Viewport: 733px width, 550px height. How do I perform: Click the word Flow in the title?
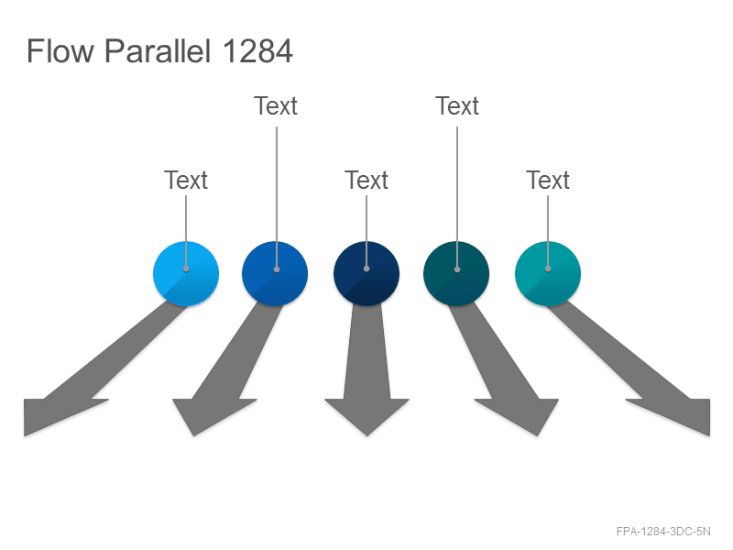[60, 50]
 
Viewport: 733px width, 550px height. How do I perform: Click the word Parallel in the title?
[158, 50]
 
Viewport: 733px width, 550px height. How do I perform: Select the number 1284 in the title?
[257, 50]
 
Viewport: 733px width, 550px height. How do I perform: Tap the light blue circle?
[186, 273]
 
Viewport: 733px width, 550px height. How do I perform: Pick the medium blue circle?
[275, 273]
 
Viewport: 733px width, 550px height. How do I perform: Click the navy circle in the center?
[366, 273]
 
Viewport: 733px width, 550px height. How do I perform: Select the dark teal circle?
[456, 273]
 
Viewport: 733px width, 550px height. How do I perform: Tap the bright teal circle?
[548, 273]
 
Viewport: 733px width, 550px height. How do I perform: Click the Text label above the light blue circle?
[186, 180]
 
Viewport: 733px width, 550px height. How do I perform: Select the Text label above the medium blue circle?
[276, 105]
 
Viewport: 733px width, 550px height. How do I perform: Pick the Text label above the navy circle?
[366, 180]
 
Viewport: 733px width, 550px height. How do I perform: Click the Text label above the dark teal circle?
[457, 105]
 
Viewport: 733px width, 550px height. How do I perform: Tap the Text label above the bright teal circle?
[548, 180]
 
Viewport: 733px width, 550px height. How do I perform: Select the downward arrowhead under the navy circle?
[367, 414]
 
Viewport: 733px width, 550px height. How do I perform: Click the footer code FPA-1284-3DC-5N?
[663, 532]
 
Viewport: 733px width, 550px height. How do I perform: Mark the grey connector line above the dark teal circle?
[457, 198]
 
